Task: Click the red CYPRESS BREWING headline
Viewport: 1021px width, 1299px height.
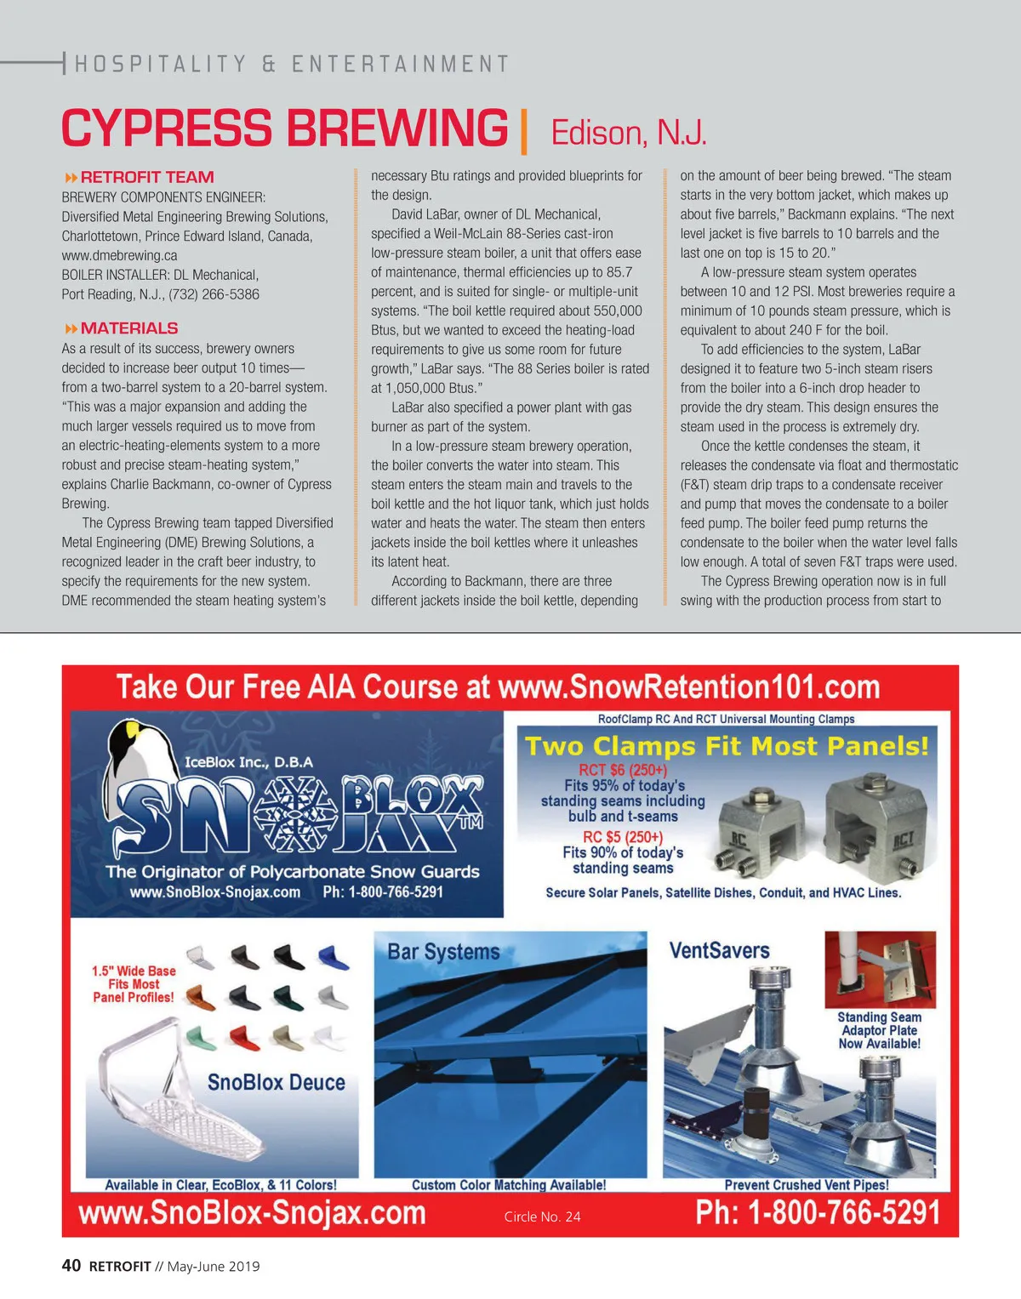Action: pyautogui.click(x=284, y=129)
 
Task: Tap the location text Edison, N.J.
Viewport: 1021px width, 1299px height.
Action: pyautogui.click(x=629, y=134)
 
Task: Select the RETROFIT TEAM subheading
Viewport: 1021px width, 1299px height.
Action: pyautogui.click(x=146, y=177)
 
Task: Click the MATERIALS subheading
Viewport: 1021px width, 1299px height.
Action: pyautogui.click(x=128, y=328)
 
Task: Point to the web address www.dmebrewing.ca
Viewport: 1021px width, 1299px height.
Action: pyautogui.click(x=119, y=255)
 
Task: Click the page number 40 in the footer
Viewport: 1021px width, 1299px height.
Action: pyautogui.click(x=71, y=1266)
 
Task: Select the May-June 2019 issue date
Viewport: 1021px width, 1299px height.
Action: pyautogui.click(x=214, y=1267)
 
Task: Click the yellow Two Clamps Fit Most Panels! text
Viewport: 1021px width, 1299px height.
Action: pyautogui.click(x=727, y=746)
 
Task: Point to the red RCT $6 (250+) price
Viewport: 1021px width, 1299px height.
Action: pyautogui.click(x=623, y=770)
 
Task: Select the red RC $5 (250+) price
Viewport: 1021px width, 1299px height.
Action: pyautogui.click(x=622, y=837)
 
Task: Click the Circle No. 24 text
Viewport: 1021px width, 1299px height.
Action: pyautogui.click(x=542, y=1217)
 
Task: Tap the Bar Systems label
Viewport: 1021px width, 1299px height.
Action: pyautogui.click(x=443, y=951)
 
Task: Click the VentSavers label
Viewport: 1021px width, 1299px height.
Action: pyautogui.click(x=719, y=950)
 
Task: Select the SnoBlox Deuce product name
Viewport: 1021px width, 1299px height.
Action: pyautogui.click(x=277, y=1082)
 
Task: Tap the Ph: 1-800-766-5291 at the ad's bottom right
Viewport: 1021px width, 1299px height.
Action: pyautogui.click(x=818, y=1212)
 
